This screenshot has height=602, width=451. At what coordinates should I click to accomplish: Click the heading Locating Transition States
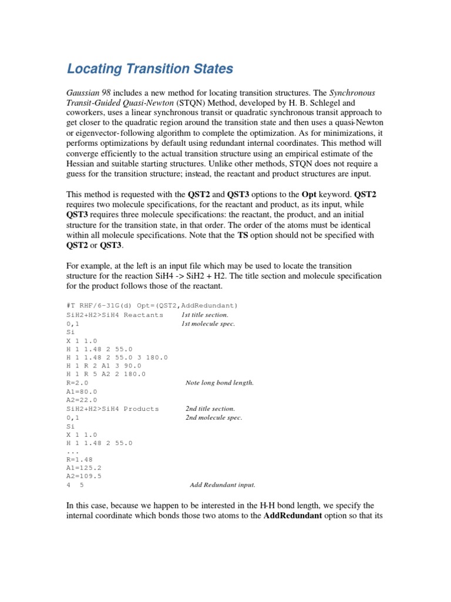pyautogui.click(x=150, y=69)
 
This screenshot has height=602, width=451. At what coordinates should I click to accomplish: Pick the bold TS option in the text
pyautogui.click(x=244, y=235)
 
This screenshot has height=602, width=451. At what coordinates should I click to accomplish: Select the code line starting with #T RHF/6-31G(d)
pyautogui.click(x=152, y=306)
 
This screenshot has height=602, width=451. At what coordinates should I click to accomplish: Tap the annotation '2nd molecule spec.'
pyautogui.click(x=214, y=417)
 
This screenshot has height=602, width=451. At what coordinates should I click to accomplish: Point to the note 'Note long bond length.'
pyautogui.click(x=220, y=383)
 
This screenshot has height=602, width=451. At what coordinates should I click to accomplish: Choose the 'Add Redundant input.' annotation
pyautogui.click(x=223, y=485)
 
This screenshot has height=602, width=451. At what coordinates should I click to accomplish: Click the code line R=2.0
pyautogui.click(x=78, y=383)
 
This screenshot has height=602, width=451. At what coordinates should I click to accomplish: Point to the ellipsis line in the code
pyautogui.click(x=73, y=451)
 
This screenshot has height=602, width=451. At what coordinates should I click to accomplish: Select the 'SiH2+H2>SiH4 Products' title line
pyautogui.click(x=113, y=409)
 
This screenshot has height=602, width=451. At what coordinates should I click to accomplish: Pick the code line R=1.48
pyautogui.click(x=80, y=460)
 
